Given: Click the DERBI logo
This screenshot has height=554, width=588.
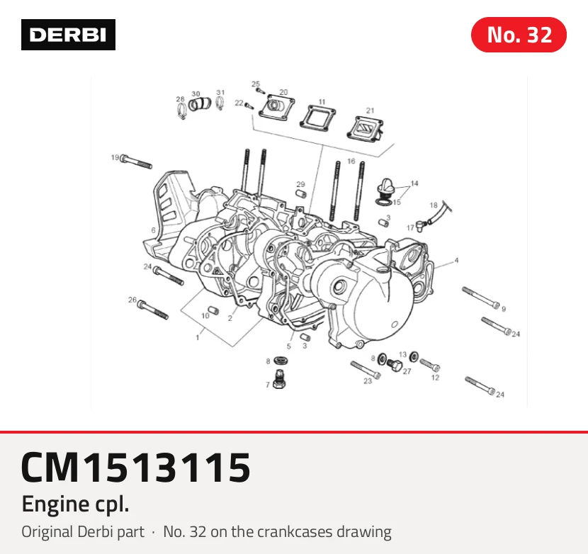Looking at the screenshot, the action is coord(68,35).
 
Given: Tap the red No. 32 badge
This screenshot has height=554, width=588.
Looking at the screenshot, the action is coord(519,35).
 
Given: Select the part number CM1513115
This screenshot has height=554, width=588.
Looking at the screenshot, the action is coord(135,467).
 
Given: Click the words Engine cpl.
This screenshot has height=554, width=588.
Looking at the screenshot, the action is coord(75,504).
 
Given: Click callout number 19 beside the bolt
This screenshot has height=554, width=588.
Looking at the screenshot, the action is coord(115,157).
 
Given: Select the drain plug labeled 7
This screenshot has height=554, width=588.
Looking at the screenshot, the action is coord(278,379).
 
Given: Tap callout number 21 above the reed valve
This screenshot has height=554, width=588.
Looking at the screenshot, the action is coord(370,111).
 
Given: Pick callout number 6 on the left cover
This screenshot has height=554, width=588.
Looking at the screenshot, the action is coord(153,230).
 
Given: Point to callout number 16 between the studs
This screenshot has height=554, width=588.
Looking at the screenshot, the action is coord(351,162).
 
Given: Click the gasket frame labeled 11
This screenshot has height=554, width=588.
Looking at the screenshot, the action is coord(317,117).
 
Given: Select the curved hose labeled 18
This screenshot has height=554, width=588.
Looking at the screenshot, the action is coord(439,212).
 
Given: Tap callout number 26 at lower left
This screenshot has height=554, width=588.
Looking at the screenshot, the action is coord(132,300).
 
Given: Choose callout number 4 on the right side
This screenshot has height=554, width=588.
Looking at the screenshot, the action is coord(456,260).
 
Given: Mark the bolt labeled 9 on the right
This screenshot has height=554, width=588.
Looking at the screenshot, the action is coord(481,298).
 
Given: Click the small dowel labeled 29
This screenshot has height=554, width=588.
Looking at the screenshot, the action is coord(302,193).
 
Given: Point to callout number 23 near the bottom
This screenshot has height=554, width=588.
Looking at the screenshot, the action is coord(368,381).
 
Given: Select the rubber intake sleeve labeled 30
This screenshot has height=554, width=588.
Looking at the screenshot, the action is coord(200,104).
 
